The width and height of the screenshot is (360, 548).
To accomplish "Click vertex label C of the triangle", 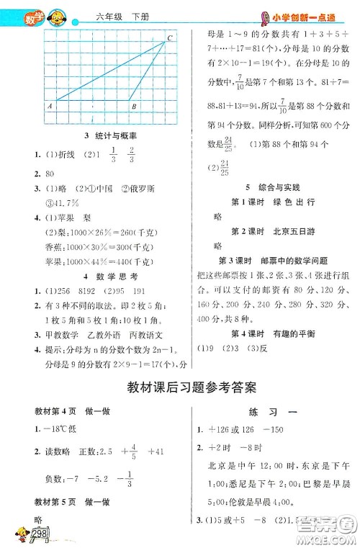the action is coord(170,37).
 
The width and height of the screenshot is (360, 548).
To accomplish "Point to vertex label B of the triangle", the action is coord(134,107).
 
